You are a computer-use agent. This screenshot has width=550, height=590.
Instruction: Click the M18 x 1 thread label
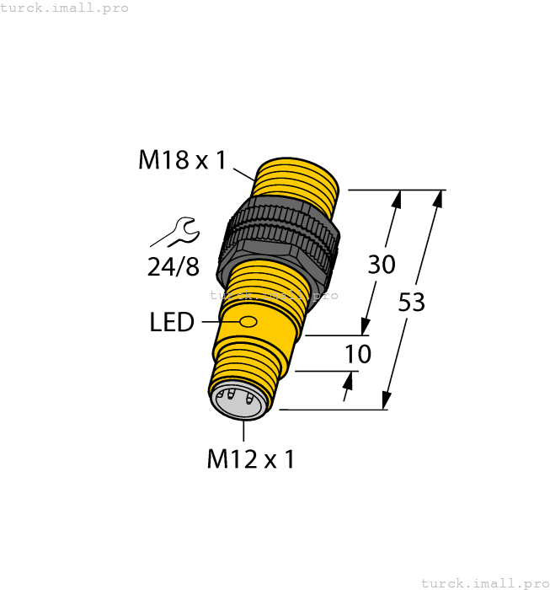point(182,159)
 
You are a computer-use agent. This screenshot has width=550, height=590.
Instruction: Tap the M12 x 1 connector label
point(250,459)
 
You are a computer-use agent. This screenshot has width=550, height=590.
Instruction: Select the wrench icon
point(179,230)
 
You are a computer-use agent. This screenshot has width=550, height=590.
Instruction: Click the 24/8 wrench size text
point(173,267)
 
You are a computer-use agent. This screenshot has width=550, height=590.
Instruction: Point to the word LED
point(172,322)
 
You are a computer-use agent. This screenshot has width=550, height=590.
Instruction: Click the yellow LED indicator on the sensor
point(248,322)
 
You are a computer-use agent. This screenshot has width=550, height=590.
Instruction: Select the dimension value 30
point(382,265)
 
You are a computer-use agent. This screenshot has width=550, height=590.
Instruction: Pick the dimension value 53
point(411,302)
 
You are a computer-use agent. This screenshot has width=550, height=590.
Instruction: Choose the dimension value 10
point(358,354)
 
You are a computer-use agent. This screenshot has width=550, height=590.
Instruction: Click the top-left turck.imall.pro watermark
point(65,8)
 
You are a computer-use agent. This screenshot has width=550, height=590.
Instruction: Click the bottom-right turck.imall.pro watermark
point(483,582)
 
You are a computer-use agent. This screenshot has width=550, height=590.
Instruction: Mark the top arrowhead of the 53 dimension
point(437,199)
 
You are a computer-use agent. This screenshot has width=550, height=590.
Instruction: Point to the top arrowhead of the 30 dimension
point(398,199)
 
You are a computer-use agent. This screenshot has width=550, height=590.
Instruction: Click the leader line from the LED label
point(217,322)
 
